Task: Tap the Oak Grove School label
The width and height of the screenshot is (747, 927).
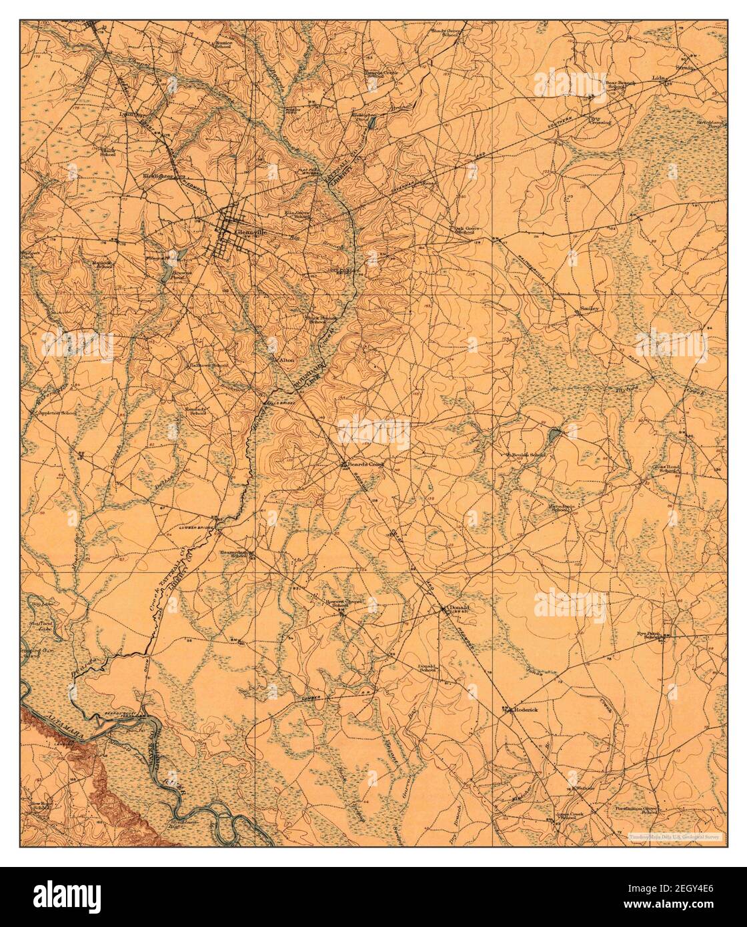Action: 464,228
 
